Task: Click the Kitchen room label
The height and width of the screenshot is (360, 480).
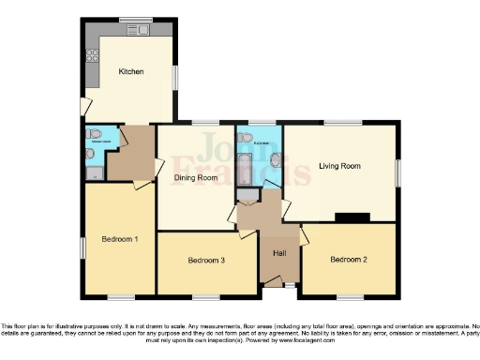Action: [130, 71]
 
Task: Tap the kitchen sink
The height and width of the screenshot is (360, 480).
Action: [141, 30]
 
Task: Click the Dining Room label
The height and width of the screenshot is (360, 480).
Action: [196, 176]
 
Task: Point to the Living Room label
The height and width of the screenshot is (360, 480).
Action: [339, 166]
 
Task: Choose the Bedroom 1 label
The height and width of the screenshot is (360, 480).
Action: [119, 239]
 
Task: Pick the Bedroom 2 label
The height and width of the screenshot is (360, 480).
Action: [347, 259]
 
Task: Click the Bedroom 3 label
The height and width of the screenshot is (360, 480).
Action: [206, 260]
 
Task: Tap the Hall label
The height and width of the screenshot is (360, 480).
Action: [279, 253]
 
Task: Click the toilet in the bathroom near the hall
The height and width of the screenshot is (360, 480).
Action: [246, 137]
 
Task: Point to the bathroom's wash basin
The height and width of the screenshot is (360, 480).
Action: [275, 160]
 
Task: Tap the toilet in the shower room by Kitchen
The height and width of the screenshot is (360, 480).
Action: [89, 154]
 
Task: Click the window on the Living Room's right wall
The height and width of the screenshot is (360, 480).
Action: [397, 172]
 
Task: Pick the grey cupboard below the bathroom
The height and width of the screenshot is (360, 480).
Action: [247, 196]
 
